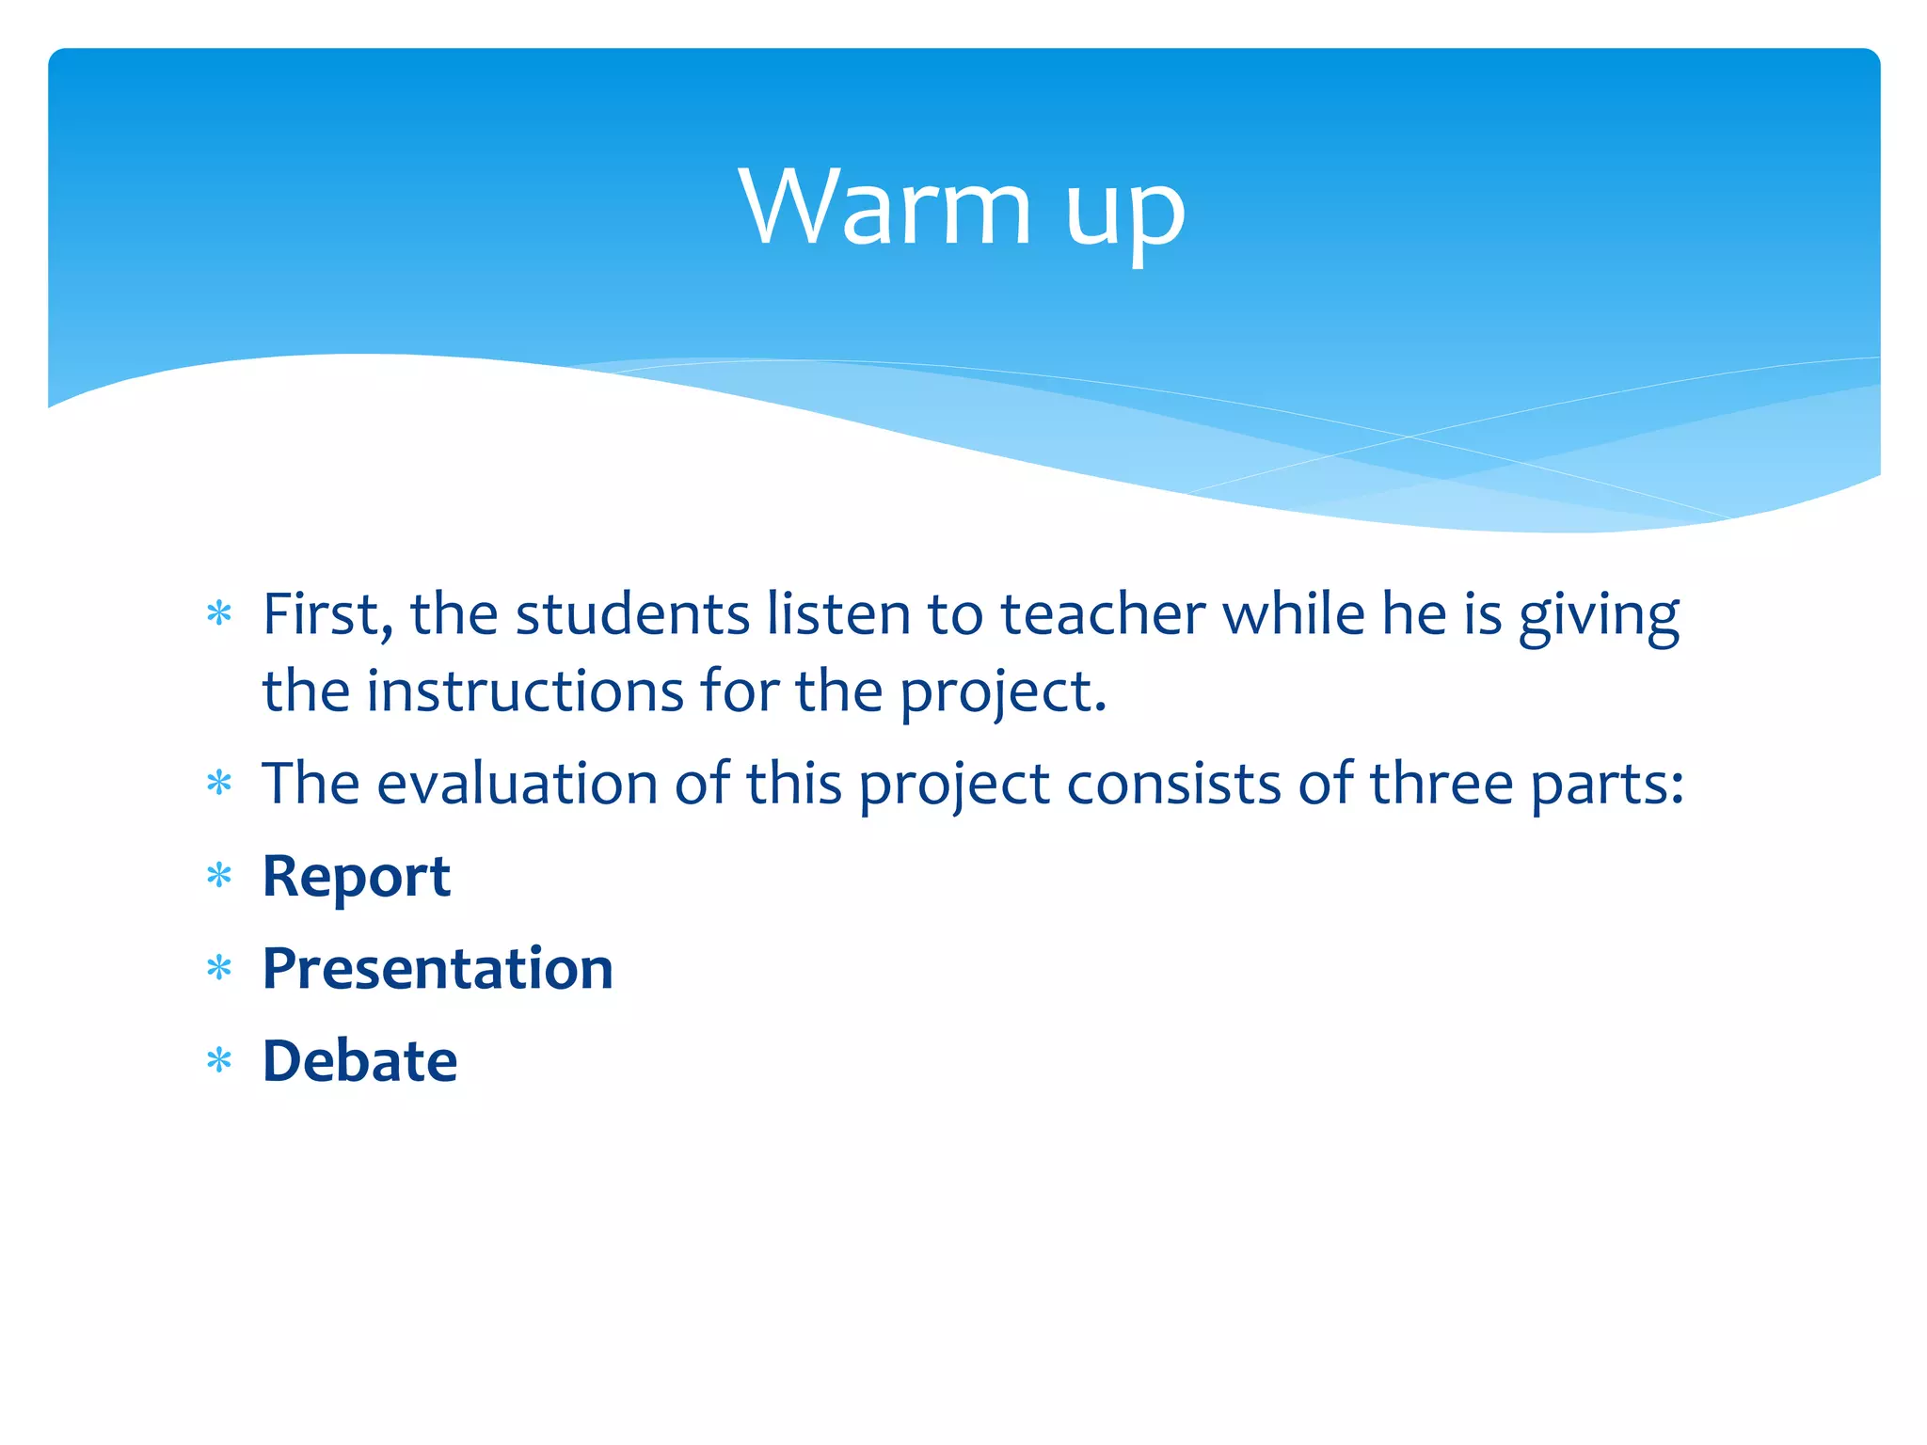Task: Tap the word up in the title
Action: pos(1124,212)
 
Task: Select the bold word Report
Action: pos(356,877)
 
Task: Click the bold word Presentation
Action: pos(438,969)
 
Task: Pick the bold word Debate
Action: pos(359,1061)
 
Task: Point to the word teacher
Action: pos(1102,615)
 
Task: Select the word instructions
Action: pos(524,691)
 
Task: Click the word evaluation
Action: pos(517,784)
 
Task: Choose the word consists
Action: pos(1173,784)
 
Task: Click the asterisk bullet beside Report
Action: pos(219,877)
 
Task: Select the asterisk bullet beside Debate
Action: pos(219,1061)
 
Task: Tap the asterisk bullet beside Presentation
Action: pos(219,969)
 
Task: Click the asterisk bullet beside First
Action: pos(219,615)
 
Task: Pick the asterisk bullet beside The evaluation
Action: pos(219,784)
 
